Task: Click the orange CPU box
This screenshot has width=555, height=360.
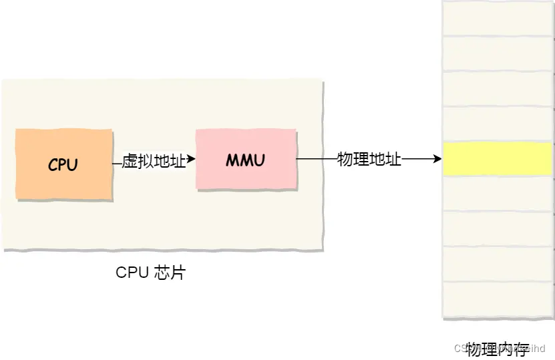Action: click(x=63, y=164)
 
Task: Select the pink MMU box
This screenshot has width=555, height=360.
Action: click(x=246, y=160)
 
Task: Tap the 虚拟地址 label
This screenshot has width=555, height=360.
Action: click(x=154, y=161)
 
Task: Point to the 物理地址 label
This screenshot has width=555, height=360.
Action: click(x=369, y=160)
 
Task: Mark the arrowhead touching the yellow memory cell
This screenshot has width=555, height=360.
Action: click(x=437, y=160)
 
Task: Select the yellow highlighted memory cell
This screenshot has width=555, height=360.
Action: click(x=498, y=159)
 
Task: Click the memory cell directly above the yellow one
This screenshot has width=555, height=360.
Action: click(x=498, y=124)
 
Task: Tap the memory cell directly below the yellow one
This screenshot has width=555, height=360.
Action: click(x=498, y=194)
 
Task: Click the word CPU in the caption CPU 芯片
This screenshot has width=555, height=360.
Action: click(x=131, y=273)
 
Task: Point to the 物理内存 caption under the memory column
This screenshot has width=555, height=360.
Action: click(x=498, y=349)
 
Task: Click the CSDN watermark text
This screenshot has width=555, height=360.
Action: click(x=464, y=349)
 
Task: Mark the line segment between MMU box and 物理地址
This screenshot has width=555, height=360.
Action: click(x=317, y=160)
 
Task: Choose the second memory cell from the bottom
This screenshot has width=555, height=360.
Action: click(x=498, y=264)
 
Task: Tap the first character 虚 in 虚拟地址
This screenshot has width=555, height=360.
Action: click(x=130, y=161)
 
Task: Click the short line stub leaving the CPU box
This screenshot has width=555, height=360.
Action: click(x=117, y=162)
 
